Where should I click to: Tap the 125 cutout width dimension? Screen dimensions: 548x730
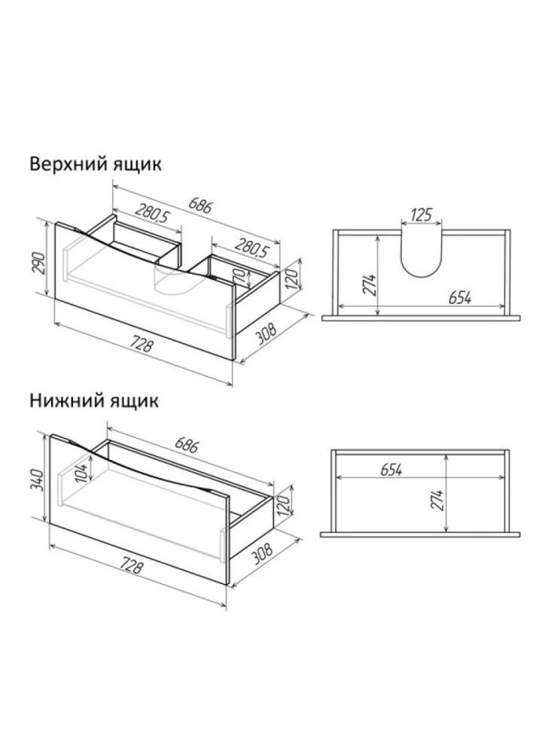point(422,215)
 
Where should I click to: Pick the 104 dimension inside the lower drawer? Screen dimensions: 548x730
point(82,473)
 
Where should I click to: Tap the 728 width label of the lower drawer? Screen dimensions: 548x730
point(131,565)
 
